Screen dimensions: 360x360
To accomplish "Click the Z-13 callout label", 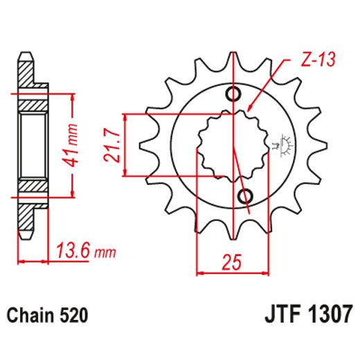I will click(x=320, y=61).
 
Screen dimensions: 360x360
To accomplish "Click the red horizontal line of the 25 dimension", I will click(x=233, y=272).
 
